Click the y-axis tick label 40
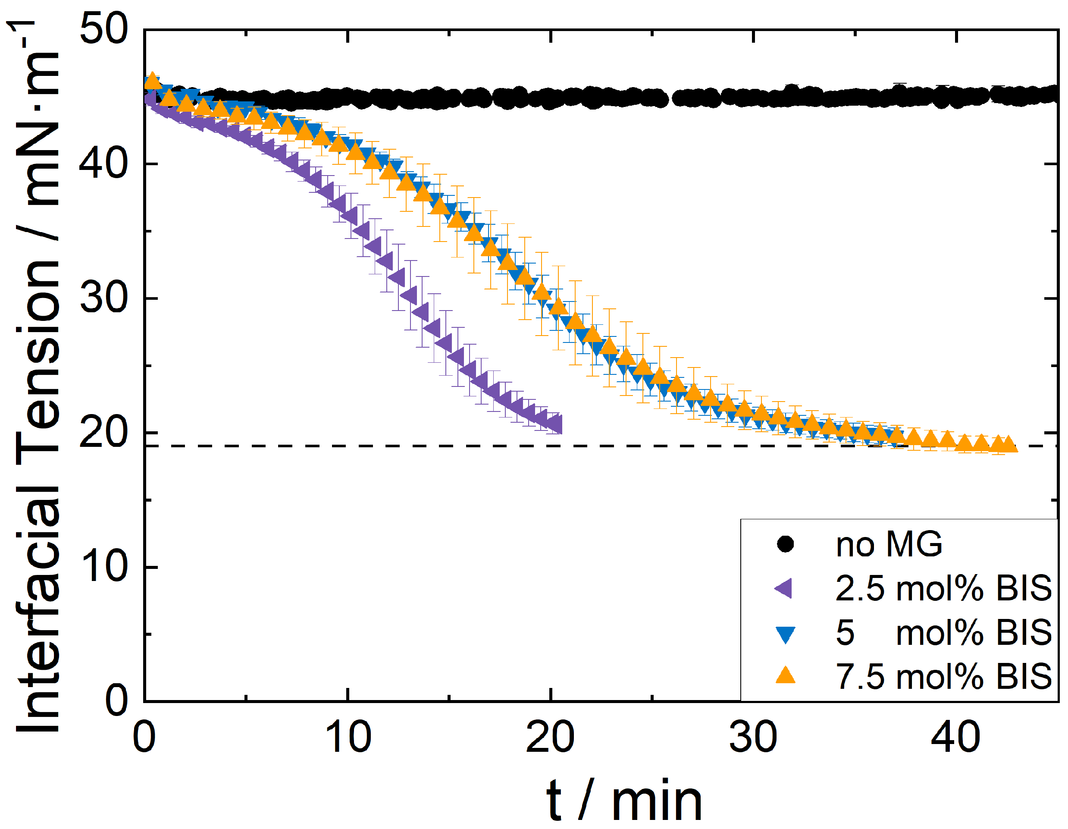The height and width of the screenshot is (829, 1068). [103, 164]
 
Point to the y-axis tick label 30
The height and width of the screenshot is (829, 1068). [103, 298]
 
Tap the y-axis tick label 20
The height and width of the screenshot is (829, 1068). [103, 433]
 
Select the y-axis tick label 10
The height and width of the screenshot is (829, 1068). [103, 567]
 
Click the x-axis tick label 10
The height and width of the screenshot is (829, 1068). [348, 738]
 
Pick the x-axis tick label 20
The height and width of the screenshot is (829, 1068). [550, 738]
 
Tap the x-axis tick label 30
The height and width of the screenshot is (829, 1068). [753, 738]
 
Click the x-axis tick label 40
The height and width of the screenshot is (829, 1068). [955, 738]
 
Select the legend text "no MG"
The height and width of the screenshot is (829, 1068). [889, 544]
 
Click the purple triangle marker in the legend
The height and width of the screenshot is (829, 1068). [784, 588]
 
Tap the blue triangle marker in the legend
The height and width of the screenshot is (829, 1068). [785, 634]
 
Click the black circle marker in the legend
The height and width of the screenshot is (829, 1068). [785, 544]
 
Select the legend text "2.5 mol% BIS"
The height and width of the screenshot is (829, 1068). [943, 588]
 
